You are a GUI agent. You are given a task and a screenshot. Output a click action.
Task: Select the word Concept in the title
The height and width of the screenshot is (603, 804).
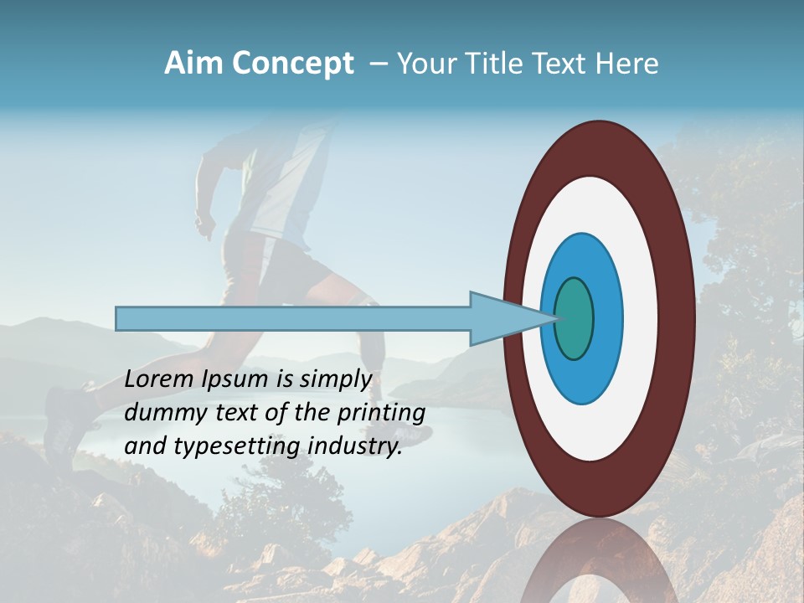coord(293,64)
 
